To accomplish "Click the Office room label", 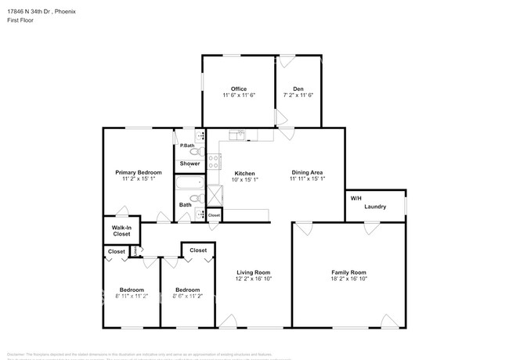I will tap(239, 88).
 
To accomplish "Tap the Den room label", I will tap(298, 88).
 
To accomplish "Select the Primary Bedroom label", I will tap(139, 172).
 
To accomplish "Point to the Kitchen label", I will tap(245, 173).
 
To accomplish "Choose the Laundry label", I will tap(375, 207).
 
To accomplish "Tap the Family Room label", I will tap(348, 272).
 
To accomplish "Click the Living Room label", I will tap(254, 272).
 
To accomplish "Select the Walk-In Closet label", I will tap(121, 231).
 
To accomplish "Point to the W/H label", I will tap(356, 198).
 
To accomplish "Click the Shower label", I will tap(190, 164).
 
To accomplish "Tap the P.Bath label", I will tap(187, 146).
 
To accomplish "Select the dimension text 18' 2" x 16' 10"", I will tap(348, 279).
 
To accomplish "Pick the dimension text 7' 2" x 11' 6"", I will tap(298, 95).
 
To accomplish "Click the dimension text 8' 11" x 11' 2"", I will tap(132, 297).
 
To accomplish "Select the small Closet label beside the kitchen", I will tap(214, 214).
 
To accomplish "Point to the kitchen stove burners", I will tap(214, 162).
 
